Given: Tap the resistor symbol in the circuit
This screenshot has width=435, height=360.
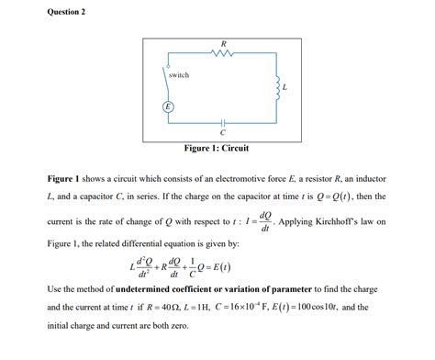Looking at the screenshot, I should tap(224, 53).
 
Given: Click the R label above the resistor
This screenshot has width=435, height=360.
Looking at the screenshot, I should tap(224, 40).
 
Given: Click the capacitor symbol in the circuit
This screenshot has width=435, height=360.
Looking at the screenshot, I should tap(223, 123).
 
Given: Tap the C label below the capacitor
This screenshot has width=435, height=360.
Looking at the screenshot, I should tap(223, 134).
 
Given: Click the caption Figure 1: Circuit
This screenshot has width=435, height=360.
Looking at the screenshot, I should tap(217, 148).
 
